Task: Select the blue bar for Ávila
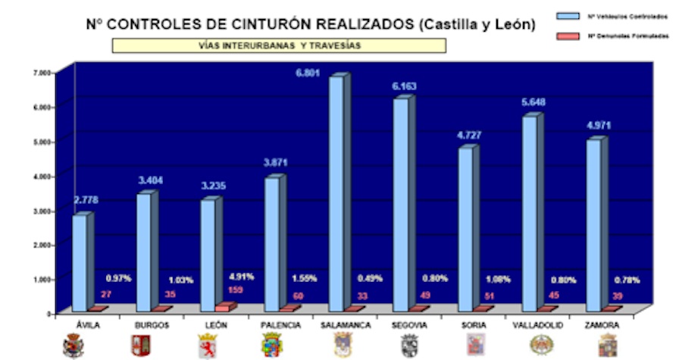(80, 262)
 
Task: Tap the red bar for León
(222, 308)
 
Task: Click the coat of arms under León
(207, 345)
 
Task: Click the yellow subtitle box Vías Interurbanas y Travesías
(279, 45)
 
